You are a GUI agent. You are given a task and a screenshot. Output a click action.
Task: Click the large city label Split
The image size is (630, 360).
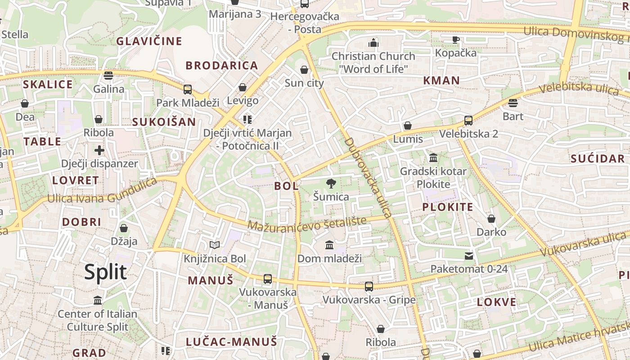[x=105, y=272]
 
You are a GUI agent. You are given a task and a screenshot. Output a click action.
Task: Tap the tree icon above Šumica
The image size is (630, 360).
[x=331, y=183]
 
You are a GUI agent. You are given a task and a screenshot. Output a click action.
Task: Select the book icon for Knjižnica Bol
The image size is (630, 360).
[x=215, y=245]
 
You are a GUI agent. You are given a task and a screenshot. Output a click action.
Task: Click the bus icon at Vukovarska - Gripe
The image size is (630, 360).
[x=369, y=286]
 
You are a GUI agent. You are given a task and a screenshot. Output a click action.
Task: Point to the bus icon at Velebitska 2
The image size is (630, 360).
[x=468, y=121]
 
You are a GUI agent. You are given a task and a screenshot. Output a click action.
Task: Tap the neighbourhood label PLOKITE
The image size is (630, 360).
[x=447, y=207]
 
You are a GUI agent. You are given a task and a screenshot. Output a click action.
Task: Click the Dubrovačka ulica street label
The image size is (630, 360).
[x=369, y=178]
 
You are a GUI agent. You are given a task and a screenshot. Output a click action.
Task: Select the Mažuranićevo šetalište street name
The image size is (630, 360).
[x=307, y=223]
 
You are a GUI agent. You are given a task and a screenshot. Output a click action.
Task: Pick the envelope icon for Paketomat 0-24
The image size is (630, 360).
[x=469, y=256]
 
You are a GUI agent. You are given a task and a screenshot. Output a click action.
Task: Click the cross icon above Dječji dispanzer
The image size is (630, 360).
[x=99, y=150]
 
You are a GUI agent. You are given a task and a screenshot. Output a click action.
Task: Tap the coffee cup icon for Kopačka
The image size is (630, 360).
[x=456, y=40]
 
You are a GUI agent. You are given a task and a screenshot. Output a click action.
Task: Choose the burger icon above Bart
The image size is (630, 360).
[x=513, y=103]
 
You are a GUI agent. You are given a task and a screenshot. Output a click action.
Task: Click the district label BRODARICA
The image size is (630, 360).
[x=222, y=66]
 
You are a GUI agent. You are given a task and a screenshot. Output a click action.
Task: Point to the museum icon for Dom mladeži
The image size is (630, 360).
[x=329, y=245]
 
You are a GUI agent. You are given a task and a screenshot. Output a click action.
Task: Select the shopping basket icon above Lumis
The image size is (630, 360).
[x=408, y=126]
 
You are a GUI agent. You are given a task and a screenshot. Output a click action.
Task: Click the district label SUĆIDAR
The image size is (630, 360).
[x=598, y=158]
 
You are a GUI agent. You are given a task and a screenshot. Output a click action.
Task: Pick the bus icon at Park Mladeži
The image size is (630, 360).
[x=188, y=89]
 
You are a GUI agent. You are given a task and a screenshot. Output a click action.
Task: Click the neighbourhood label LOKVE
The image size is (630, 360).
[x=497, y=302]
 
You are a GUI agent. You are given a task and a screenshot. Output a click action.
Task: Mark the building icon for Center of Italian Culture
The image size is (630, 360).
[x=98, y=300]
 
